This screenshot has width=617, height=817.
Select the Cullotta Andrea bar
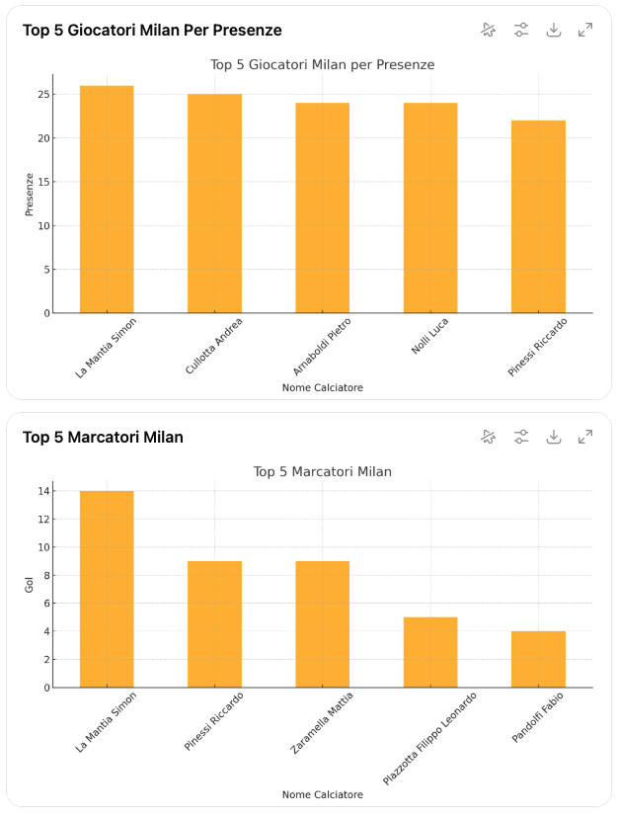click(x=214, y=204)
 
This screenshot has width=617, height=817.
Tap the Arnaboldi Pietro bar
click(x=322, y=207)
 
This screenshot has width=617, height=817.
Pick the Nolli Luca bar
click(x=430, y=207)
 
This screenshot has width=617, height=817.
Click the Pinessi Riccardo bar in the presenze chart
click(x=538, y=216)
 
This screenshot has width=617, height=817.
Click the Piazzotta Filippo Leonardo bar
click(x=430, y=652)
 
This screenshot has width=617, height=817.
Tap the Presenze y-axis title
click(x=30, y=195)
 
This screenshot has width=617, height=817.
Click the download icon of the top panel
click(x=554, y=30)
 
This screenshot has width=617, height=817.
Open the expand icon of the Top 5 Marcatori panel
click(x=585, y=437)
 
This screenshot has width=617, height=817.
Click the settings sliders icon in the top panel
click(x=521, y=30)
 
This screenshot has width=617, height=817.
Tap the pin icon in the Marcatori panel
click(x=489, y=437)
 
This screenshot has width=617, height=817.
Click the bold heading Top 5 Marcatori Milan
click(x=103, y=437)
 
